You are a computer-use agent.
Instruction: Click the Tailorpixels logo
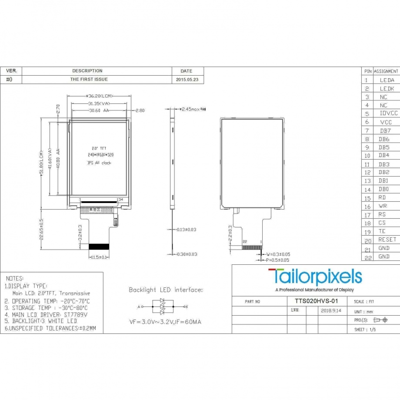pyautogui.click(x=315, y=277)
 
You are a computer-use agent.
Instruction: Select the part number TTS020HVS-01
pyautogui.click(x=312, y=301)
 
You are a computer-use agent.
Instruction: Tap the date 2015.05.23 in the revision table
pyautogui.click(x=187, y=80)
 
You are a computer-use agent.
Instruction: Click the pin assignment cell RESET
pyautogui.click(x=387, y=240)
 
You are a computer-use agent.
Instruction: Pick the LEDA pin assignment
pyautogui.click(x=387, y=80)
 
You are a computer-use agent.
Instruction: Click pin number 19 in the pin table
pyautogui.click(x=368, y=231)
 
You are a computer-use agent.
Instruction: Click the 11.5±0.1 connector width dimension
pyautogui.click(x=99, y=257)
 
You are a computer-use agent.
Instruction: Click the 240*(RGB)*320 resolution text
pyautogui.click(x=100, y=155)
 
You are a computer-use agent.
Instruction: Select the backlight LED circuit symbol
pyautogui.click(x=162, y=306)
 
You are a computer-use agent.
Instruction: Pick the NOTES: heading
pyautogui.click(x=15, y=278)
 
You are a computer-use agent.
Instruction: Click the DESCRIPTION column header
pyautogui.click(x=87, y=71)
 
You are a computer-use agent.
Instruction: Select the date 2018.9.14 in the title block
pyautogui.click(x=330, y=311)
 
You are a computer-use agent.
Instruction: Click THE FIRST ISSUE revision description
pyautogui.click(x=89, y=80)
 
